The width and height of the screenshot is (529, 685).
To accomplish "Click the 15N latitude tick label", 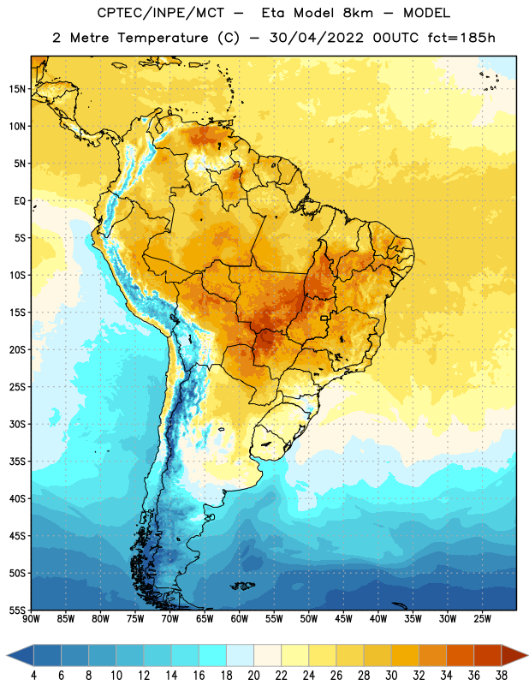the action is [x=17, y=89].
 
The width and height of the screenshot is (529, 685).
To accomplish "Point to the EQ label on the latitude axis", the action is [x=20, y=201].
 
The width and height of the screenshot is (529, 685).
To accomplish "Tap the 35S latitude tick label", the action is [x=17, y=462].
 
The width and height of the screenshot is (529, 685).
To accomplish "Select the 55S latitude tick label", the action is [x=17, y=610].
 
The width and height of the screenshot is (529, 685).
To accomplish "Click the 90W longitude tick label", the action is [x=31, y=619].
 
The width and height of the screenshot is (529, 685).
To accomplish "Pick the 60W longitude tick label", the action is [x=240, y=619].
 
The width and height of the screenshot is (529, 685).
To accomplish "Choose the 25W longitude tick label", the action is [x=482, y=619].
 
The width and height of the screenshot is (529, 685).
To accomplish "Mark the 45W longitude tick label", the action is [x=343, y=619].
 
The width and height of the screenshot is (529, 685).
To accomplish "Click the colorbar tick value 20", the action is [x=253, y=676].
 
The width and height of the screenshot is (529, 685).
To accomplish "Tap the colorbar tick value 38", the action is [x=502, y=676].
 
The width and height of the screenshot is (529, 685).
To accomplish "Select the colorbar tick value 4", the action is [x=33, y=676].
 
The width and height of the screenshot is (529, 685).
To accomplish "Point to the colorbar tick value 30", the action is [x=391, y=676].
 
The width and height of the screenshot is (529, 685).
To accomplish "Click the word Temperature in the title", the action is [x=163, y=38].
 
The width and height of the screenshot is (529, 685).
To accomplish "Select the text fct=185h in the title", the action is [x=461, y=38].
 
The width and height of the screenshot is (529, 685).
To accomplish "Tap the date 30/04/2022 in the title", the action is [x=316, y=38].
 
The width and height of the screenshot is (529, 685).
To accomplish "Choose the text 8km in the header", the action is [x=358, y=13].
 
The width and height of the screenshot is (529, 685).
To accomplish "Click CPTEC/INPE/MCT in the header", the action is [x=161, y=13].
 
